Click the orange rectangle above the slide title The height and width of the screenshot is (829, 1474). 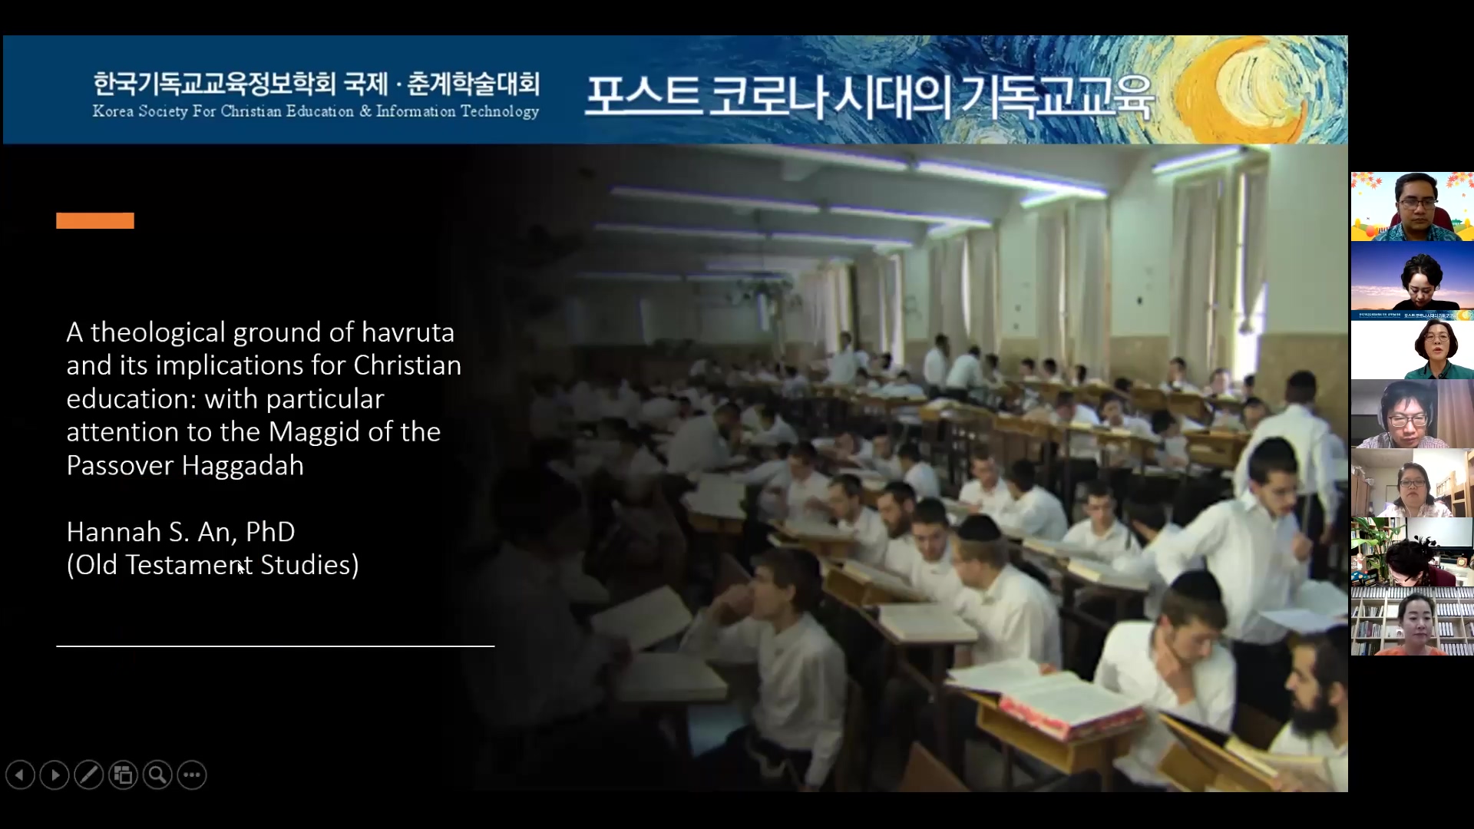tap(95, 221)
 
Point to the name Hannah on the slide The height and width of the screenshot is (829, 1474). tap(114, 532)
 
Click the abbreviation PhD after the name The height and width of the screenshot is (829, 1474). tap(270, 532)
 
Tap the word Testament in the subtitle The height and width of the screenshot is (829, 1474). tap(189, 565)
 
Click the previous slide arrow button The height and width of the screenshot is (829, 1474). tap(20, 775)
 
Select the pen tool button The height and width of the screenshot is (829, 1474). tap(89, 775)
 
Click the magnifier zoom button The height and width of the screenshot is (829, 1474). tap(158, 775)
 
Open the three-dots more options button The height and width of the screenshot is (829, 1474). tap(192, 775)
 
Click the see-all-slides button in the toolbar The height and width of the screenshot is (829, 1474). tap(124, 775)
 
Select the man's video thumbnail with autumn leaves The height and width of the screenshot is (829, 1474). tap(1412, 206)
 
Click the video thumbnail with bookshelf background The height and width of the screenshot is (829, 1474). tap(1412, 621)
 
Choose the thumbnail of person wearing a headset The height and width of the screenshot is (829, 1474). tap(1412, 414)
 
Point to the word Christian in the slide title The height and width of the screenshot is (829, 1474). tap(407, 365)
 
